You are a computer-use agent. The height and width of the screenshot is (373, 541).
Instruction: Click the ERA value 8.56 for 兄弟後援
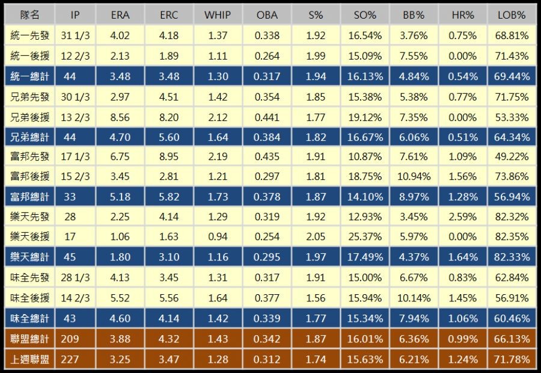coord(120,117)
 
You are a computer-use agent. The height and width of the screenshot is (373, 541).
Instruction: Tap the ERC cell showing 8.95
coord(169,156)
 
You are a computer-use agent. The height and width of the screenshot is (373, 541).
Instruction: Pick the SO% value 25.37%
coord(365,237)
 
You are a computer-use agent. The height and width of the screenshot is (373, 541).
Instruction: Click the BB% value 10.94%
coord(414,176)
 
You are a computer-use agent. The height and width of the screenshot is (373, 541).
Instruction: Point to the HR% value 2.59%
coord(462,217)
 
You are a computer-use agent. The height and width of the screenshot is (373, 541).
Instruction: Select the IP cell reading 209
coord(70,339)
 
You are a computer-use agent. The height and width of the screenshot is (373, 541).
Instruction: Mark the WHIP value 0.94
coord(217,237)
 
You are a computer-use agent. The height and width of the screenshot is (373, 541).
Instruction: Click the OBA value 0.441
coord(267,117)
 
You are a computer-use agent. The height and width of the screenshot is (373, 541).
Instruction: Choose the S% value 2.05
coord(316,237)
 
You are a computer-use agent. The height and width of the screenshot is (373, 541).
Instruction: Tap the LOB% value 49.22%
coord(513,156)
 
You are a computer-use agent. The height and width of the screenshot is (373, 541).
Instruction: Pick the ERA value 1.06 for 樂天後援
coord(120,237)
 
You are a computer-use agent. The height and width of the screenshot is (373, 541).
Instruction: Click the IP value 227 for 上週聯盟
coord(70,359)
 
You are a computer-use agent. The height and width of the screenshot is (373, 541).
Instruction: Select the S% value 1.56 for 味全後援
coord(316,298)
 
